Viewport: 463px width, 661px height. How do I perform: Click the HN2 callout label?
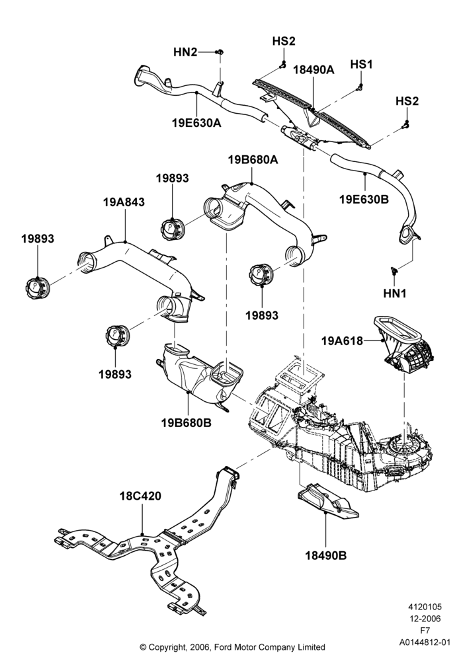185,52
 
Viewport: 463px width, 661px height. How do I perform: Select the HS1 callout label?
361,65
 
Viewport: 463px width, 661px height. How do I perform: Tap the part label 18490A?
314,70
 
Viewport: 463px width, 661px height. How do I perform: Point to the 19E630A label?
196,123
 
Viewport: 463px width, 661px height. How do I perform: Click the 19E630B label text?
364,198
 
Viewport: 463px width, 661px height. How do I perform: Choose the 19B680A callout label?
253,160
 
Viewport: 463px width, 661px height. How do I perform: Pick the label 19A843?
124,202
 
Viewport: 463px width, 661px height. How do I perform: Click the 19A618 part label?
342,340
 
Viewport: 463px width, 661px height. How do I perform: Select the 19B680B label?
186,422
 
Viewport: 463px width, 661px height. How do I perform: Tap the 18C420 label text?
140,496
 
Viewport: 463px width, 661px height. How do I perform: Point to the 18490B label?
326,556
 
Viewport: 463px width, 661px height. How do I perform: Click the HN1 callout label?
395,293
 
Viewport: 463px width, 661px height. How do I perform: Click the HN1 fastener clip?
394,270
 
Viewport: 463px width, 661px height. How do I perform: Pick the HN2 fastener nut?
220,52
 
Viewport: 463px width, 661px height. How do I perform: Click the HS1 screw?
359,87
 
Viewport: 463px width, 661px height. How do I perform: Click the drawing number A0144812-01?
425,642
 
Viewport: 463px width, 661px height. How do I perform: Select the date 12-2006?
425,619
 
